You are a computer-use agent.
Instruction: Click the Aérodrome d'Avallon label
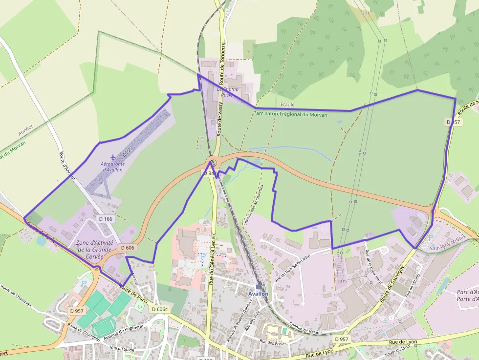112,167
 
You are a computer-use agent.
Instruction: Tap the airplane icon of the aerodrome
113,157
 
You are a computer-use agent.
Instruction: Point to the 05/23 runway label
128,151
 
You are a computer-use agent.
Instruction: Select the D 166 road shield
105,219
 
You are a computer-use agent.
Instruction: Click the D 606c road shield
160,309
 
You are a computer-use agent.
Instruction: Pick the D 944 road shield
209,173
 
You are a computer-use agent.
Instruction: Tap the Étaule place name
287,105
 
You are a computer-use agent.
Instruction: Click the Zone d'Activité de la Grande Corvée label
94,249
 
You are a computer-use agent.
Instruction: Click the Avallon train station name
258,294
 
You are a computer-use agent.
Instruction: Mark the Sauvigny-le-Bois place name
446,249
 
